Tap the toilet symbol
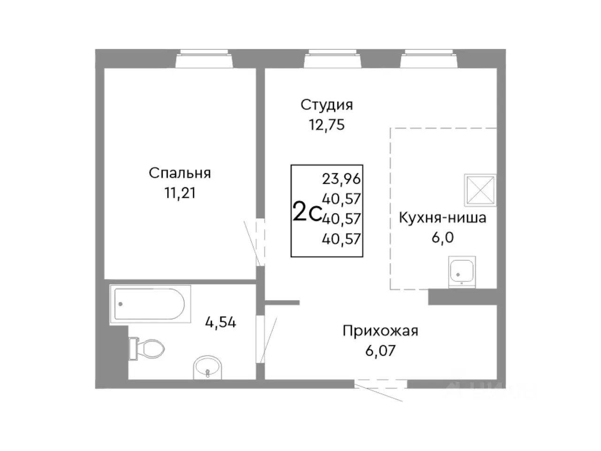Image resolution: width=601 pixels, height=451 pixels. point(147,348)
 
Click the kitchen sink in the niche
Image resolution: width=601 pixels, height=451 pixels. point(462,271)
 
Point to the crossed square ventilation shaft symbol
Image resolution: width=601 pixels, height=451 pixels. point(480,190)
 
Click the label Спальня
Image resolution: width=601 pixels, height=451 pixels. point(180,173)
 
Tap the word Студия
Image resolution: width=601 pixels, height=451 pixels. point(326,105)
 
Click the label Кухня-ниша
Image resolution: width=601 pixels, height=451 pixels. point(442,218)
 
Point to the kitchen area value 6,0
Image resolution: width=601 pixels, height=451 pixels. point(442,237)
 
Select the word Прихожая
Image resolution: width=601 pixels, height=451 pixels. point(380,331)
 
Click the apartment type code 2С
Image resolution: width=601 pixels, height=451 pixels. point(307,212)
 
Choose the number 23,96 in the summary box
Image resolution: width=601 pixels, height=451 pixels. point(341,179)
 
